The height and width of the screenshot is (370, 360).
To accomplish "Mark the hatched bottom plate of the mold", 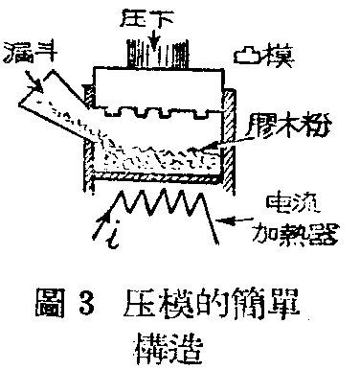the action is click(x=156, y=177).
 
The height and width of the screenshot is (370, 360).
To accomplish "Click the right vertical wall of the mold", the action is click(x=229, y=134).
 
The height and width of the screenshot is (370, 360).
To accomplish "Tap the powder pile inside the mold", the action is click(x=158, y=150).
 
